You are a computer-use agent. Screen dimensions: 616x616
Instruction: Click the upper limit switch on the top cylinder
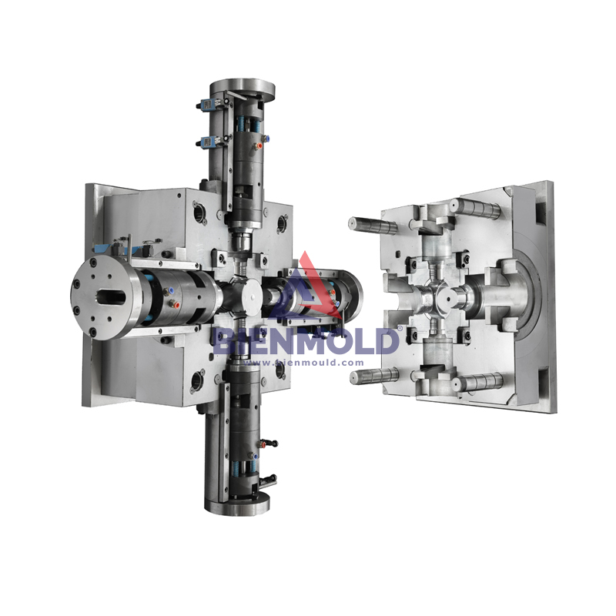point(206,105)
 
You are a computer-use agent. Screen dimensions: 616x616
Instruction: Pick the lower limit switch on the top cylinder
point(206,140)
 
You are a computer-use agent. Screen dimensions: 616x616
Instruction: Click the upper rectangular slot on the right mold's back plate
point(544,209)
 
